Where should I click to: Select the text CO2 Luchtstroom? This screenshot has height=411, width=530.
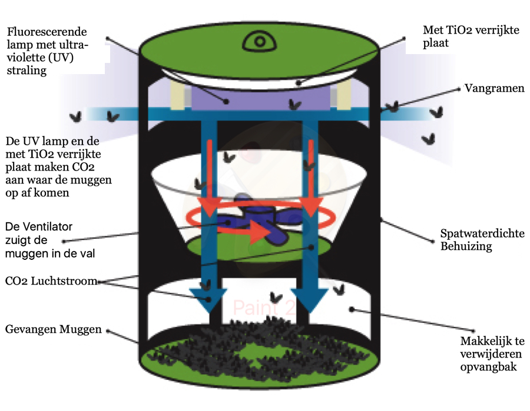tap(51, 281)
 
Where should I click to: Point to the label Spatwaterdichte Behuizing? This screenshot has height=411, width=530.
tap(482, 239)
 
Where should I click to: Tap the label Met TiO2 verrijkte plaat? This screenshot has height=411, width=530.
tap(471, 36)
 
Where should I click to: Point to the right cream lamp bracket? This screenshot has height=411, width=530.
tap(343, 94)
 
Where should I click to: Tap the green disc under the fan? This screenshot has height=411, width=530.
tap(259, 247)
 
